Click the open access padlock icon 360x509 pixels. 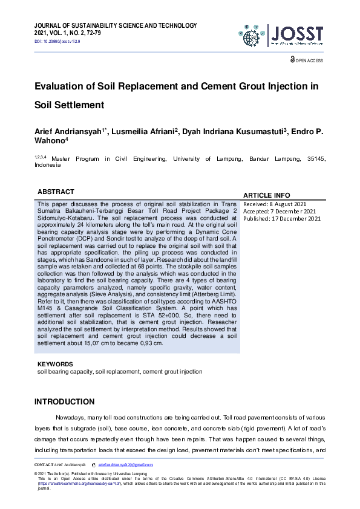coord(293,60)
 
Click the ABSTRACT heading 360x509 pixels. coord(56,192)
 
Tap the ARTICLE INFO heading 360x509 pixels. coord(266,195)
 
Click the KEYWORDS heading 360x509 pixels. coord(55,365)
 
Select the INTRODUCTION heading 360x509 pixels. coord(64,401)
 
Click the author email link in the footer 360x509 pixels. coord(123,464)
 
